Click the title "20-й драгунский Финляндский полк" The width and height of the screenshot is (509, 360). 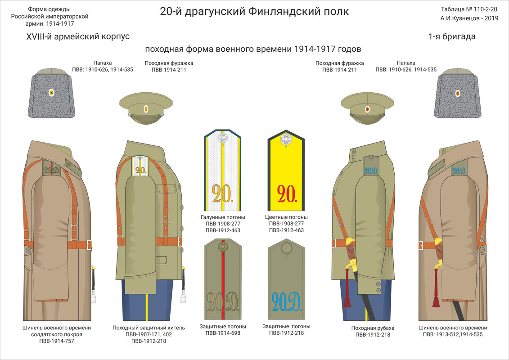[x=254, y=11]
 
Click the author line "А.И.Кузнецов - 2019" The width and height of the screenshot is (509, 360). [x=469, y=19]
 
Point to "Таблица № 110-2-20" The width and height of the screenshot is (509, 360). [x=469, y=9]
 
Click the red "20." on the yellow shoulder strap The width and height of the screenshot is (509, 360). [x=286, y=193]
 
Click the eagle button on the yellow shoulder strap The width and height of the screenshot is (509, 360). [x=286, y=140]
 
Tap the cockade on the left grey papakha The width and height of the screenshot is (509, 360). [x=51, y=93]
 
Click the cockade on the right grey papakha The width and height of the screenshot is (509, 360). [x=458, y=93]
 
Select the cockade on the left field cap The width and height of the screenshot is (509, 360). [x=146, y=109]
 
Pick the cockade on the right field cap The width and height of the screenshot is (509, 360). [x=367, y=109]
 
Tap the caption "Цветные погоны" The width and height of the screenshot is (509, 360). [x=286, y=217]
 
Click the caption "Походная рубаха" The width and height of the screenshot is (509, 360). [x=373, y=328]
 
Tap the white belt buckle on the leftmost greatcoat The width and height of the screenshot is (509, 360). [x=89, y=245]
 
